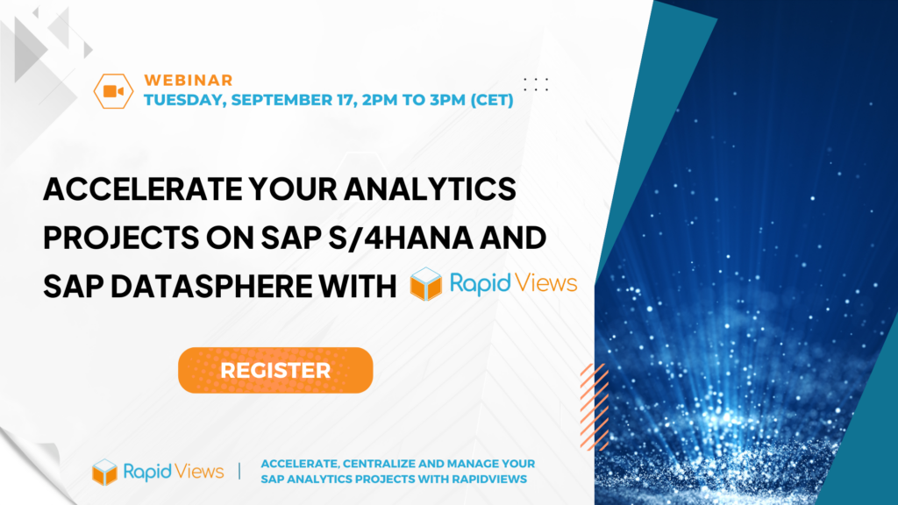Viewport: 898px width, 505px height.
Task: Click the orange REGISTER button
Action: tap(275, 370)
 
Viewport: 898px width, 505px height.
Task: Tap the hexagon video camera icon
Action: tap(113, 91)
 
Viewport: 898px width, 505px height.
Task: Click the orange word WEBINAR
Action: tap(189, 80)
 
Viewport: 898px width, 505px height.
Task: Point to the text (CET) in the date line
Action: tap(492, 100)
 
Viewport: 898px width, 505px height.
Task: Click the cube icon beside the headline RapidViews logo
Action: tap(426, 283)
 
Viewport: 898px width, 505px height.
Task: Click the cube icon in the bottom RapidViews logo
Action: tap(105, 472)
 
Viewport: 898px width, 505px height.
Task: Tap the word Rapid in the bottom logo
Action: tap(147, 473)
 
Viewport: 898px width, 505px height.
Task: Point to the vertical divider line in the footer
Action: tap(239, 471)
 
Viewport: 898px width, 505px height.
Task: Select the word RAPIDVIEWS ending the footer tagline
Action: tap(489, 480)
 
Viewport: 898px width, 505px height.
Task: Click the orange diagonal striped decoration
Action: tap(595, 407)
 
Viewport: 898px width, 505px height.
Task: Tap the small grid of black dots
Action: tap(536, 85)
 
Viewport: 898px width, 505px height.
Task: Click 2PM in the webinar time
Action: tap(379, 100)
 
